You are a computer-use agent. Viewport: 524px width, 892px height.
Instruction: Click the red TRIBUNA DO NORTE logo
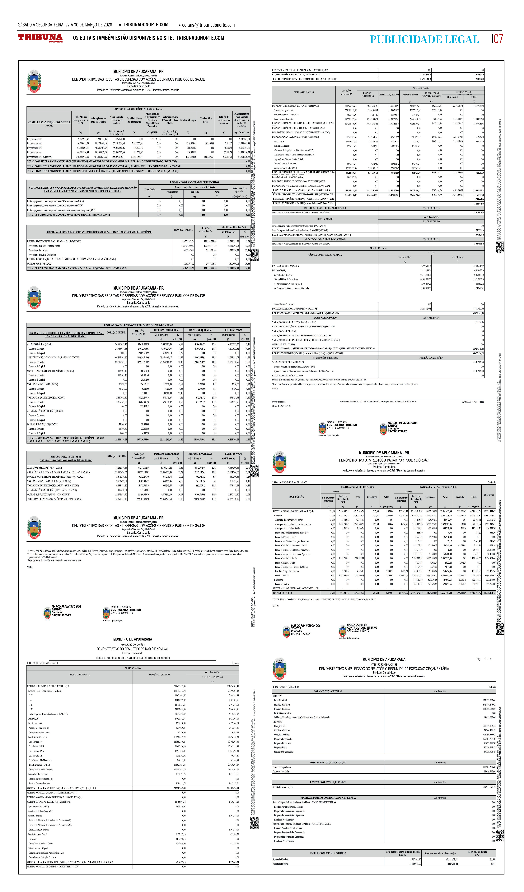click(40, 38)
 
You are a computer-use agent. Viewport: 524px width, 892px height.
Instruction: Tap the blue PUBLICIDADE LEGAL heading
click(424, 39)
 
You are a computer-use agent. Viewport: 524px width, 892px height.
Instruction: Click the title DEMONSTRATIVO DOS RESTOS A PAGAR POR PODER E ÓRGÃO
click(384, 460)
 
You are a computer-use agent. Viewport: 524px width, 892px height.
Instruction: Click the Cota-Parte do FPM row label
click(36, 742)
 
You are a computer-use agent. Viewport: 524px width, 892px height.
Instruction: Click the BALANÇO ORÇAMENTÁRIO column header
click(328, 691)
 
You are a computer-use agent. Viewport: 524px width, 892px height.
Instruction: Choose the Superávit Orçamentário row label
click(284, 752)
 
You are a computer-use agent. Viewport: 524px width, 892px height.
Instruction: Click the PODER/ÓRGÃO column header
click(296, 497)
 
